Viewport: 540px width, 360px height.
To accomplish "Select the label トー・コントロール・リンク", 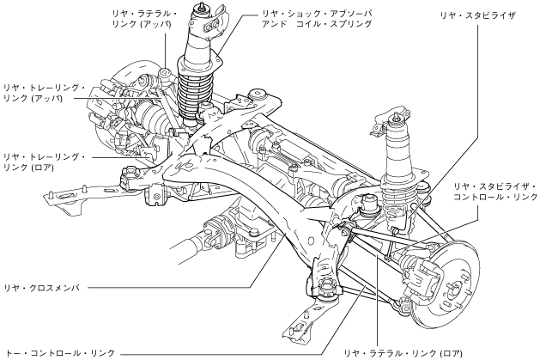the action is tap(59, 352).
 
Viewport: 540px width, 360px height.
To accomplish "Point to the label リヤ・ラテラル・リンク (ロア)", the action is tap(403, 352).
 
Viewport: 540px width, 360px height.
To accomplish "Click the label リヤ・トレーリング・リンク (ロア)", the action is tap(44, 162).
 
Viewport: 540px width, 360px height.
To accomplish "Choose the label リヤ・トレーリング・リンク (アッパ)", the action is tap(44, 93).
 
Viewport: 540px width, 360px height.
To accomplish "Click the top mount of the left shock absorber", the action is tap(204, 17).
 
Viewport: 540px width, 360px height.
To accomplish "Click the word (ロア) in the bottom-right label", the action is tap(451, 352).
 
